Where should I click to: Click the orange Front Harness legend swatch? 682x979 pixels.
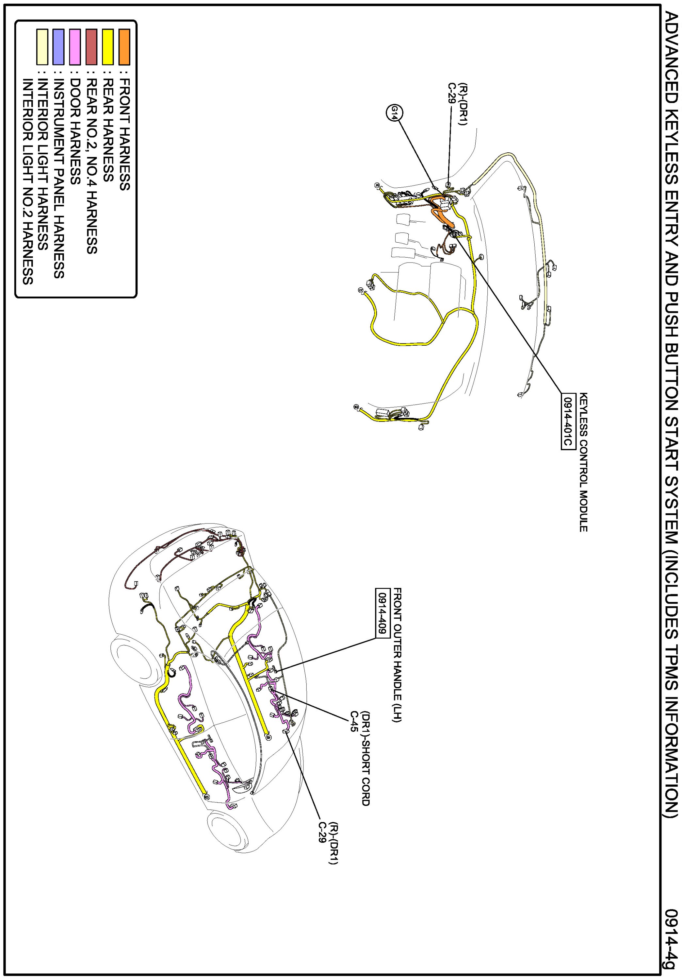click(124, 47)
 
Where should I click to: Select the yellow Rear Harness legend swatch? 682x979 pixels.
click(108, 47)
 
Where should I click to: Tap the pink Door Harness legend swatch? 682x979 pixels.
click(75, 47)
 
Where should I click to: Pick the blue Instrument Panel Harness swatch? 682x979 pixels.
click(58, 47)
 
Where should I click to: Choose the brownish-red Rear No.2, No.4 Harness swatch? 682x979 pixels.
click(91, 47)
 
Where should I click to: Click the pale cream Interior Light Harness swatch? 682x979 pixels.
click(42, 47)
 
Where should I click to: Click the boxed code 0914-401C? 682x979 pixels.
click(567, 421)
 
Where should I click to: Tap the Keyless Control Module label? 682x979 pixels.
click(583, 462)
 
